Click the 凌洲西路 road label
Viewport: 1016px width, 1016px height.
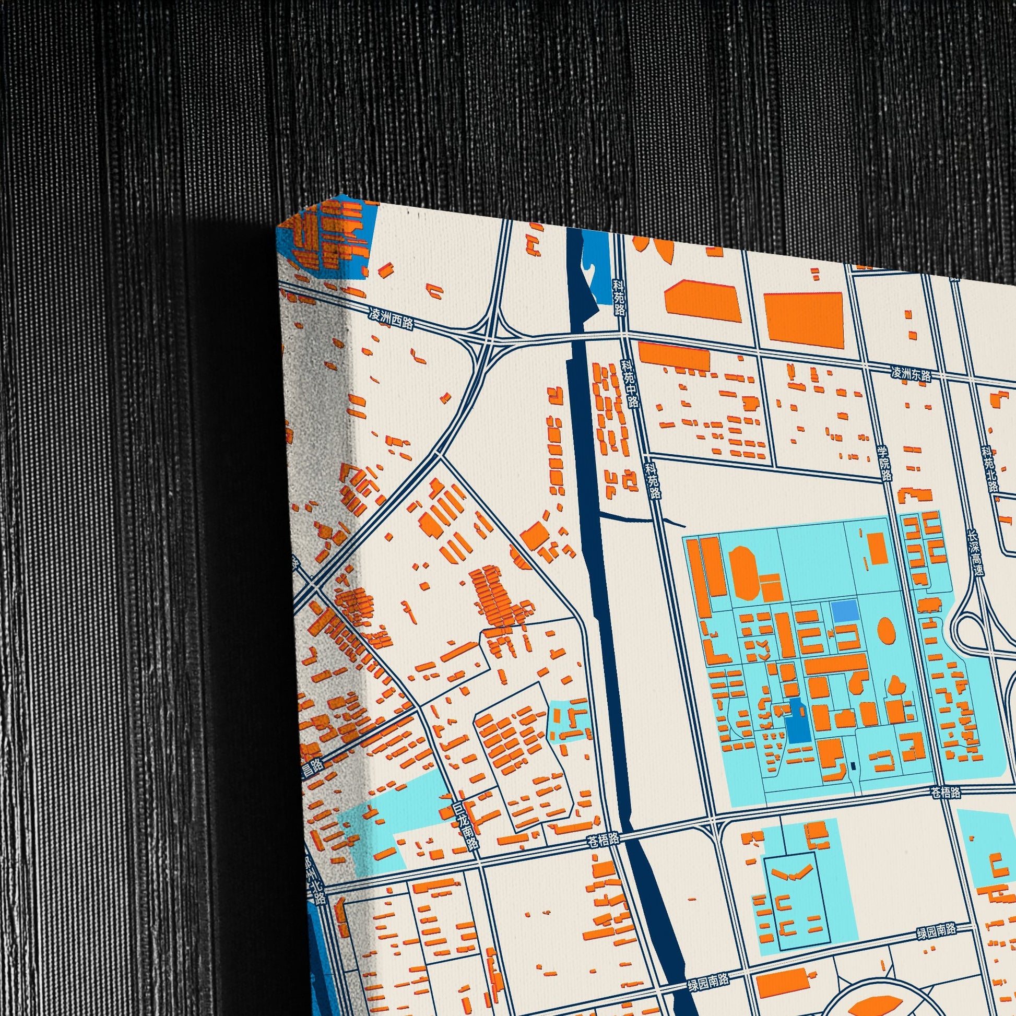point(390,319)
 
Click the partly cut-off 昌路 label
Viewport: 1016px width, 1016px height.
point(312,768)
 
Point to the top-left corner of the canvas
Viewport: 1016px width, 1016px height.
point(277,227)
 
